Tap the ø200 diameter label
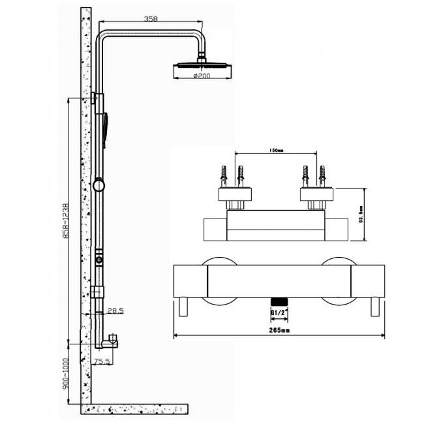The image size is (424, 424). (201, 77)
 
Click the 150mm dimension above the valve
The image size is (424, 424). (276, 152)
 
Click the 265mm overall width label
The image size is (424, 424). (279, 331)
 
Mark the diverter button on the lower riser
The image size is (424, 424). (98, 260)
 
